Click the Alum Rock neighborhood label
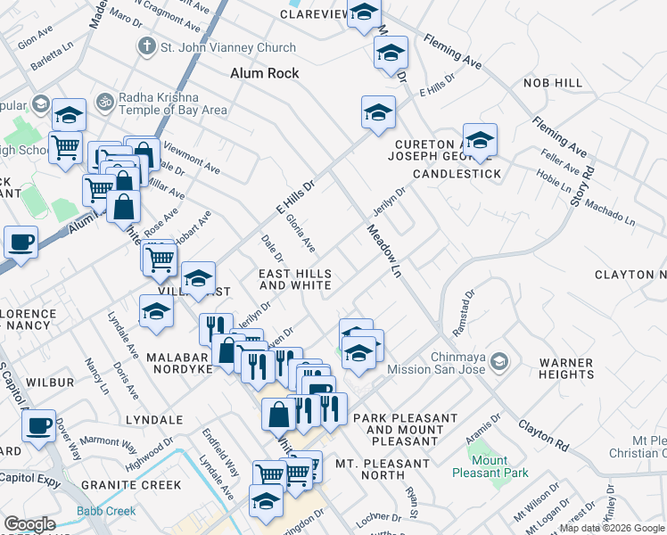264,73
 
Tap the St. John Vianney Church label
227,47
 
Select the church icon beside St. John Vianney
145,46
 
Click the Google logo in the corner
29,524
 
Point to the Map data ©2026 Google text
613,528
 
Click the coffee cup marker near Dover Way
38,425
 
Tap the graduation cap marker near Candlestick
480,140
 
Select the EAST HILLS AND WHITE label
294,280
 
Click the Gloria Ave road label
301,232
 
